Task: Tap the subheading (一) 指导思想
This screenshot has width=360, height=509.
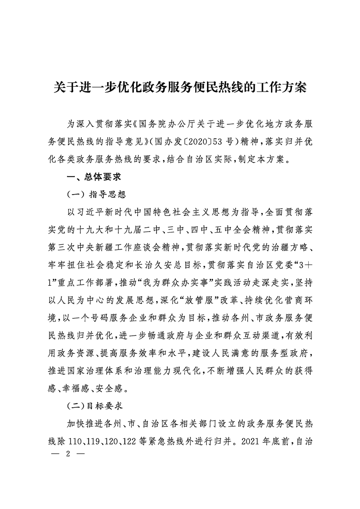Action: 96,195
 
